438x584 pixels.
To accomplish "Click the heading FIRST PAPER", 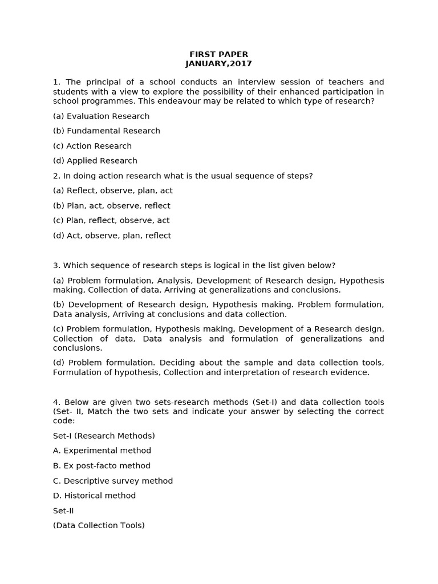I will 218,54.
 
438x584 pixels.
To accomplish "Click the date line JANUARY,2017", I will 218,64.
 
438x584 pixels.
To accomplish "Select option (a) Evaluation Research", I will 101,116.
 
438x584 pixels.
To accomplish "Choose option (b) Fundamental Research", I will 106,131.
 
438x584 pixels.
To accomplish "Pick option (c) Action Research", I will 92,146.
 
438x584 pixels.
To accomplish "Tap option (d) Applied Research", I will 95,161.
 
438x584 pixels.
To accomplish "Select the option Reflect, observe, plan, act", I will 112,190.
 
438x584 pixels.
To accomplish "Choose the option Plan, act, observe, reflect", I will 111,205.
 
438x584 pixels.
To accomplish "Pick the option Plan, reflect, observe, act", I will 111,220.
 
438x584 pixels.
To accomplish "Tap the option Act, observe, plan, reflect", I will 112,236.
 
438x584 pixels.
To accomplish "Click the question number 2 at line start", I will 56,176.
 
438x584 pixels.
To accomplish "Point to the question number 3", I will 56,265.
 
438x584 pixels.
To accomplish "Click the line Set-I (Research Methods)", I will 104,436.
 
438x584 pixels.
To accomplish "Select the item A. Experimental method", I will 102,451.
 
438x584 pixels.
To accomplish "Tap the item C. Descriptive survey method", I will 112,481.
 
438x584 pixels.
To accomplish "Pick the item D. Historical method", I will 94,496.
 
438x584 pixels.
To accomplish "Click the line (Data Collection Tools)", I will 99,525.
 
